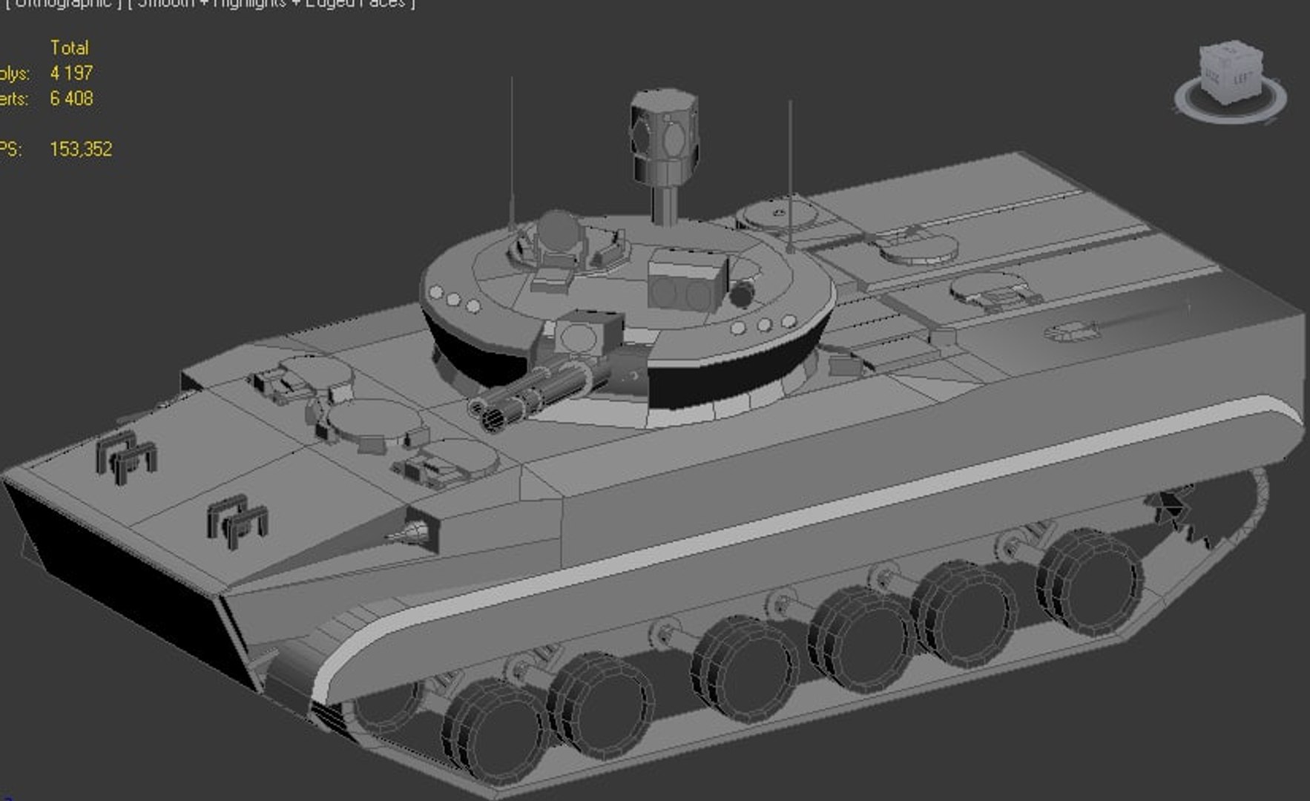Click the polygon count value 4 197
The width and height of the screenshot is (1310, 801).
pyautogui.click(x=71, y=73)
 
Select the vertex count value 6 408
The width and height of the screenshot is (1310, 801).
pyautogui.click(x=71, y=99)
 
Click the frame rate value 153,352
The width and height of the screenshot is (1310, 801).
pyautogui.click(x=81, y=149)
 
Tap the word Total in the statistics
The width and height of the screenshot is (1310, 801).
pyautogui.click(x=69, y=48)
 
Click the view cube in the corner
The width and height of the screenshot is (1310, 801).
pyautogui.click(x=1230, y=75)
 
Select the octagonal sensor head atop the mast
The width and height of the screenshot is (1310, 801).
pyautogui.click(x=665, y=133)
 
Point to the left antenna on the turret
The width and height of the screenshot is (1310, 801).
pyautogui.click(x=511, y=148)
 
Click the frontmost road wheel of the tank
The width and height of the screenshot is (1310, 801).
pyautogui.click(x=493, y=731)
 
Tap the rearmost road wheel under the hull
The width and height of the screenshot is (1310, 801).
pyautogui.click(x=1089, y=580)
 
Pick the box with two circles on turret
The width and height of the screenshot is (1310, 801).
pyautogui.click(x=687, y=282)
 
